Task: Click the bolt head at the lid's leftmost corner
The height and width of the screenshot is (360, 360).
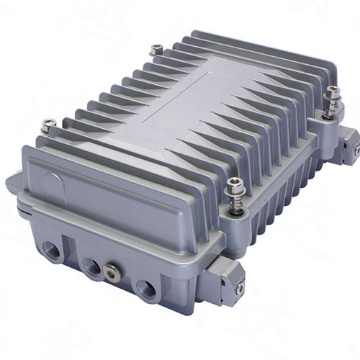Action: click(x=49, y=124)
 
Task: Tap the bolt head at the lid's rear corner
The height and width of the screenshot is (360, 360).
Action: click(x=156, y=49)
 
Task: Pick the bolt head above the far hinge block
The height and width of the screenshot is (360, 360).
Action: click(x=332, y=92)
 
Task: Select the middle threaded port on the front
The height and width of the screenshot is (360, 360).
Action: click(x=91, y=266)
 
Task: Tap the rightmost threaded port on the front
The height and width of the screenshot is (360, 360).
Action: click(x=145, y=288)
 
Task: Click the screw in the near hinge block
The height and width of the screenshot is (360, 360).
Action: click(x=240, y=288)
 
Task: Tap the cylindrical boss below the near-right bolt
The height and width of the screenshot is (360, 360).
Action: click(x=234, y=220)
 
